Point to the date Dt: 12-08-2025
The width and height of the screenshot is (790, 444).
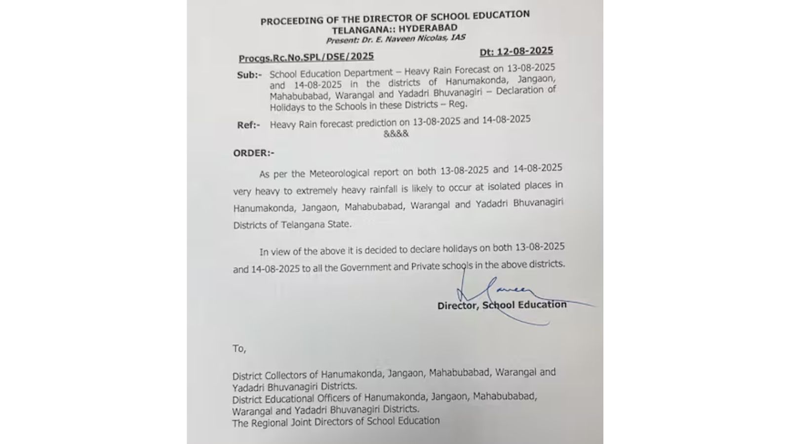click(x=516, y=51)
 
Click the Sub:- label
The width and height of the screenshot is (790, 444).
click(x=249, y=75)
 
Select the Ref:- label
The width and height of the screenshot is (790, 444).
click(x=248, y=125)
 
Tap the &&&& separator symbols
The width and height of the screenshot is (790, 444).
click(x=396, y=134)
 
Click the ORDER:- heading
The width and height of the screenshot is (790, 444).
click(x=254, y=153)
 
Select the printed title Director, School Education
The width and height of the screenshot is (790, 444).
click(x=502, y=305)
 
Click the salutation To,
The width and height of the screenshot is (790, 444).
click(x=239, y=349)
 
